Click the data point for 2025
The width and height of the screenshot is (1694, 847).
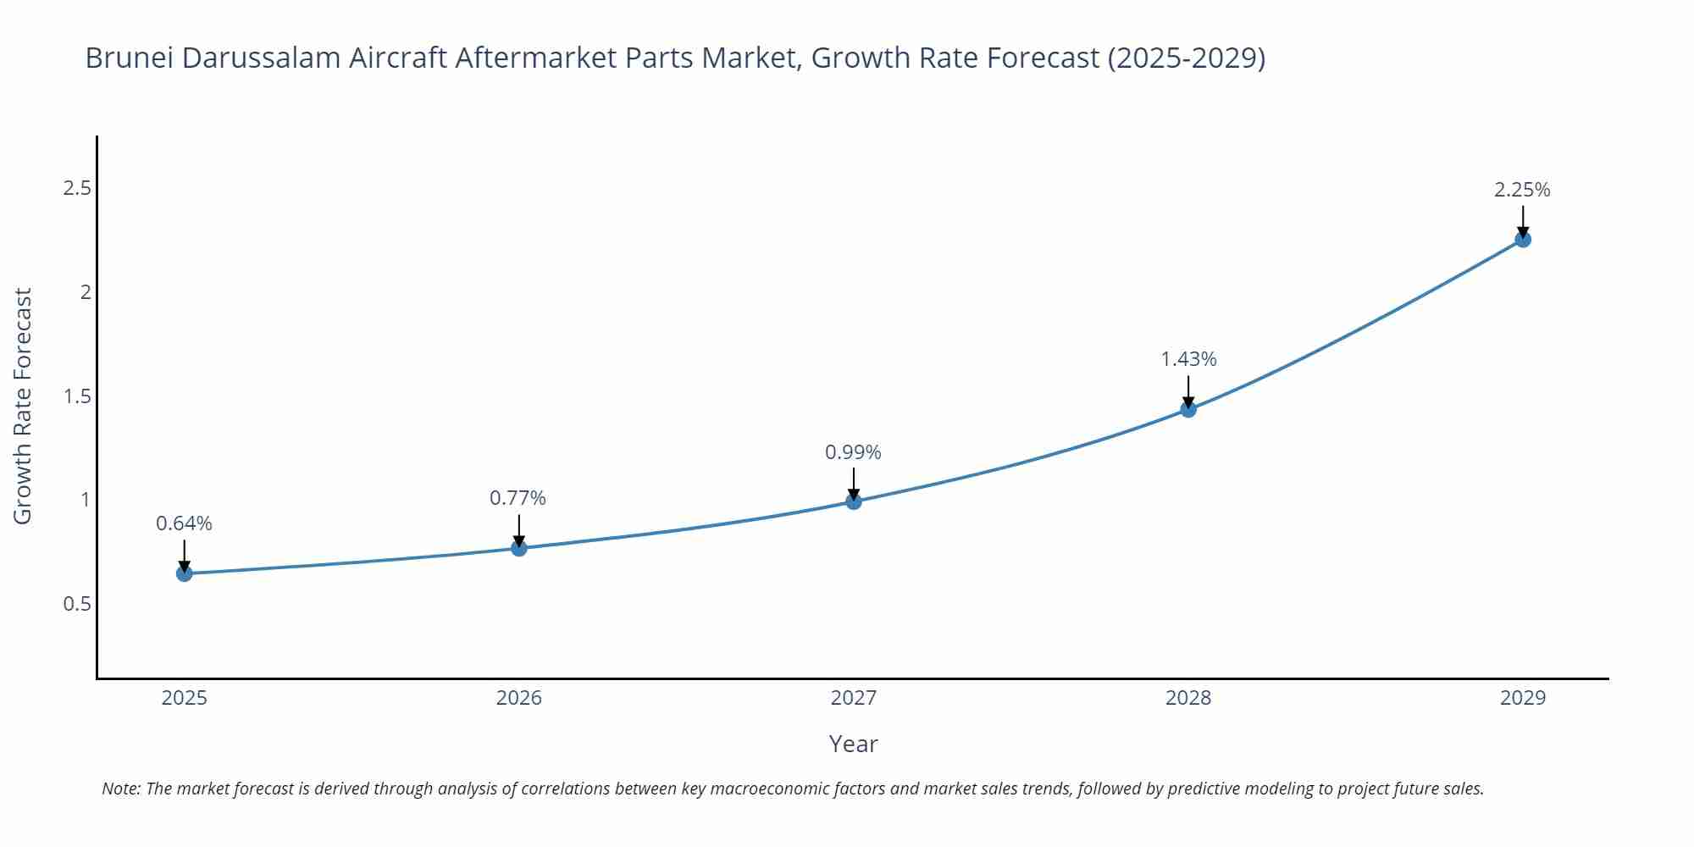point(184,573)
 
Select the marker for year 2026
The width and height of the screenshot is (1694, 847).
point(519,548)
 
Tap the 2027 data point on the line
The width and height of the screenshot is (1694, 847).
point(854,501)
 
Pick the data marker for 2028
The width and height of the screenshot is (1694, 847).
point(1188,410)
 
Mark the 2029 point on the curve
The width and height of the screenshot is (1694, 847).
point(1523,240)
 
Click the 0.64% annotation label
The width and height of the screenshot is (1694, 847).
point(184,523)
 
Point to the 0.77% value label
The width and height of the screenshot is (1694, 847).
point(518,498)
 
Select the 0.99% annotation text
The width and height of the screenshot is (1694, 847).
point(853,452)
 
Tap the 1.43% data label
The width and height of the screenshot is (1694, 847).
point(1188,359)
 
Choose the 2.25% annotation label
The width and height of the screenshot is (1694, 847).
point(1522,190)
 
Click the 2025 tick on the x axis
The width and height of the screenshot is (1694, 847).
point(184,698)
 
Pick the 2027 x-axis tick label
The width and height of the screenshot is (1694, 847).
point(854,698)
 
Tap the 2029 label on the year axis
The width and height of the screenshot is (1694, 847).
point(1523,698)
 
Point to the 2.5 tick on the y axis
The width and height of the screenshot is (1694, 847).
point(77,188)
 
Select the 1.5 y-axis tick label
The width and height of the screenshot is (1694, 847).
point(77,396)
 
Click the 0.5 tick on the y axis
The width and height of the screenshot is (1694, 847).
point(77,604)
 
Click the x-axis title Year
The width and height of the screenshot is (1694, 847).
point(853,744)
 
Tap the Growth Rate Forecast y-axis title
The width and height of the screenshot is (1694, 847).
point(23,406)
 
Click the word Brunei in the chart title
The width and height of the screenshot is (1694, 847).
point(128,58)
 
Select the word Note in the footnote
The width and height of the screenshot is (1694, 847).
point(119,789)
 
